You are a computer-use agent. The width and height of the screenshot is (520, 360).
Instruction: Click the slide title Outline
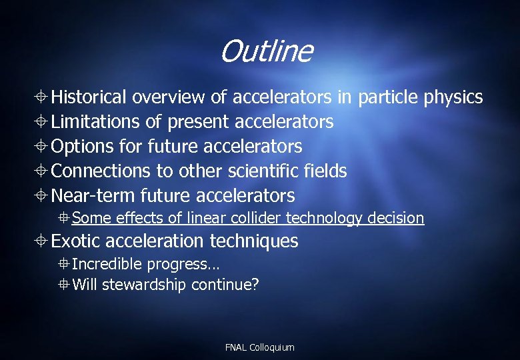tap(265, 51)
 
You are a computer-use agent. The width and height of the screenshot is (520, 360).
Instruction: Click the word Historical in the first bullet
tap(89, 97)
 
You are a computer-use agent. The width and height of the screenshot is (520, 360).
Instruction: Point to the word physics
tap(453, 98)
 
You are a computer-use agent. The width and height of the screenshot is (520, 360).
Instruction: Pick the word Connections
tap(101, 171)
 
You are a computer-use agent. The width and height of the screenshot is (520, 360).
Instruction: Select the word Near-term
tap(93, 196)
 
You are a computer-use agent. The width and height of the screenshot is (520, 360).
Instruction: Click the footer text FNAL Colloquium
tap(259, 347)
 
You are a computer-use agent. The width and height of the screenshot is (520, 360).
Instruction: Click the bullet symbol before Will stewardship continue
tap(63, 285)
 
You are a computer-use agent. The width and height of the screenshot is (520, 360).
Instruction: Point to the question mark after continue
tap(255, 285)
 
